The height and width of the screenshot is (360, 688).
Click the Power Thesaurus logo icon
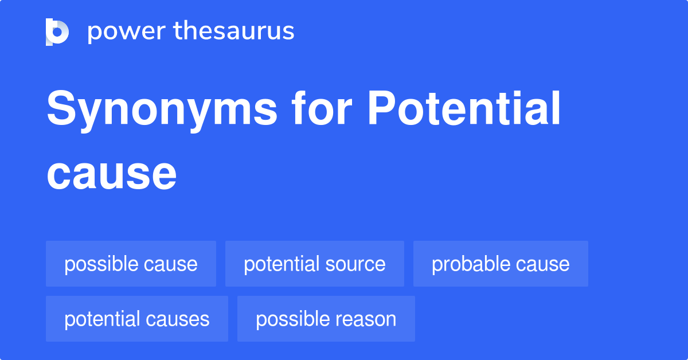pyautogui.click(x=57, y=32)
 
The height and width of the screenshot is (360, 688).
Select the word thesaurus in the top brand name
pyautogui.click(x=234, y=32)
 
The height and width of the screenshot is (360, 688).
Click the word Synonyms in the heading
pyautogui.click(x=162, y=110)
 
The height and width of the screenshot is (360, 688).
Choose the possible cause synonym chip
pyautogui.click(x=131, y=264)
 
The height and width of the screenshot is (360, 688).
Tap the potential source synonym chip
pyautogui.click(x=314, y=264)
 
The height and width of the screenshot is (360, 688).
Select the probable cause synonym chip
pyautogui.click(x=501, y=264)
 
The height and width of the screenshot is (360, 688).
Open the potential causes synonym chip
pyautogui.click(x=137, y=319)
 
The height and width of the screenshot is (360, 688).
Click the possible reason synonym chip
pyautogui.click(x=326, y=319)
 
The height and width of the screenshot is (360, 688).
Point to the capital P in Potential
pyautogui.click(x=379, y=109)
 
